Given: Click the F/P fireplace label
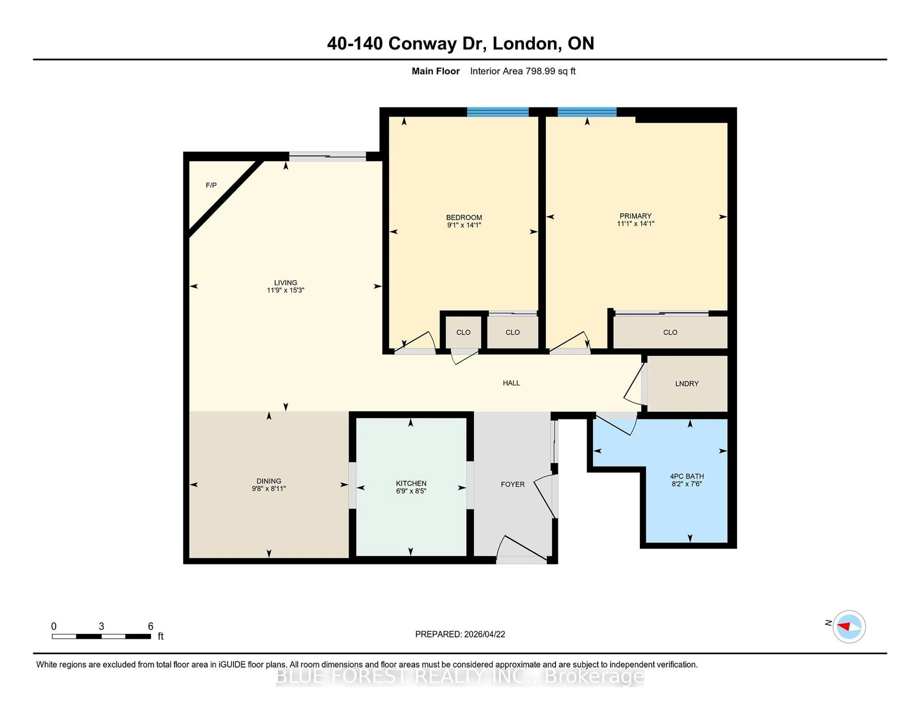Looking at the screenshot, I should (x=211, y=185).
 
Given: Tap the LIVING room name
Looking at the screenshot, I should (x=286, y=283).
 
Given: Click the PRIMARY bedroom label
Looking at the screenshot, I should (x=635, y=216).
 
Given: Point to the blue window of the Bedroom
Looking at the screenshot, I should (x=497, y=112).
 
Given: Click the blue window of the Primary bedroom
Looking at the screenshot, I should (x=587, y=112).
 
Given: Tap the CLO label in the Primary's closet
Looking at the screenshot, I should (x=670, y=332).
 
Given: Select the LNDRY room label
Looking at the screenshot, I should (x=687, y=384).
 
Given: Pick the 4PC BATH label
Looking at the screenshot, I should (x=687, y=476).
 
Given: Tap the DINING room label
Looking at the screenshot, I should (x=269, y=481).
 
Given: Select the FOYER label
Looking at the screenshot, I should (x=513, y=484).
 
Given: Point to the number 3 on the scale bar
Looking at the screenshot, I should (x=101, y=626).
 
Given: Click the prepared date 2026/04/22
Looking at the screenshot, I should (x=483, y=634).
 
